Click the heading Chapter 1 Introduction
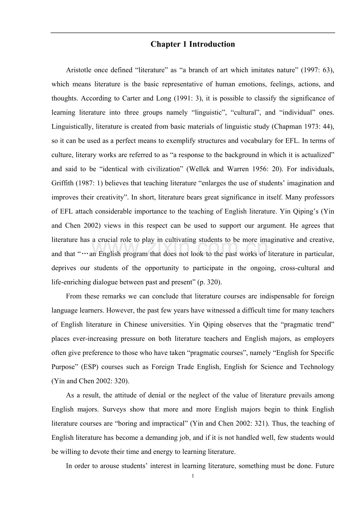(x=193, y=44)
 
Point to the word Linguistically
(x=71, y=127)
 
